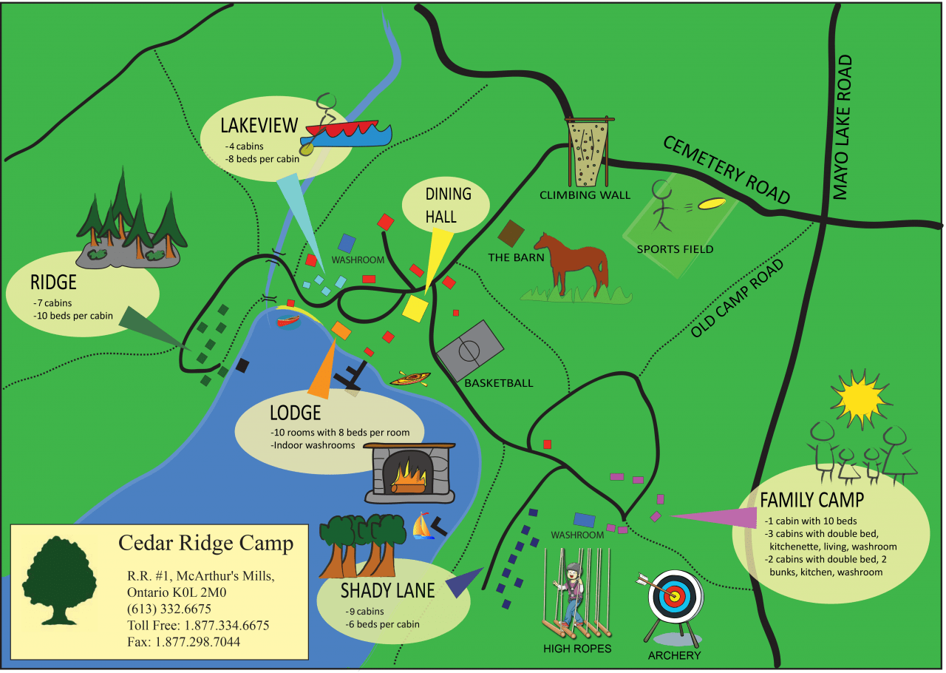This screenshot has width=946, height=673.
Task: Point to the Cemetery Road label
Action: click(725, 169)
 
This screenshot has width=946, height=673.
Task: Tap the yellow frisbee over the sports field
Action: click(712, 203)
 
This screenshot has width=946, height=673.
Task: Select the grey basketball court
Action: click(469, 350)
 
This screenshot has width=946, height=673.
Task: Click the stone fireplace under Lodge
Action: click(409, 473)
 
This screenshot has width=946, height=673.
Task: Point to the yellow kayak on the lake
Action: click(409, 379)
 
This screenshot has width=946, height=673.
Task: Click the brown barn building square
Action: click(511, 233)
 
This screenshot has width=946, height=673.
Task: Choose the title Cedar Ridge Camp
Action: click(205, 543)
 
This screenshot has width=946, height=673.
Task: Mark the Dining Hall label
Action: click(448, 205)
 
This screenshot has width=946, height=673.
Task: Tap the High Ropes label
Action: click(577, 649)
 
